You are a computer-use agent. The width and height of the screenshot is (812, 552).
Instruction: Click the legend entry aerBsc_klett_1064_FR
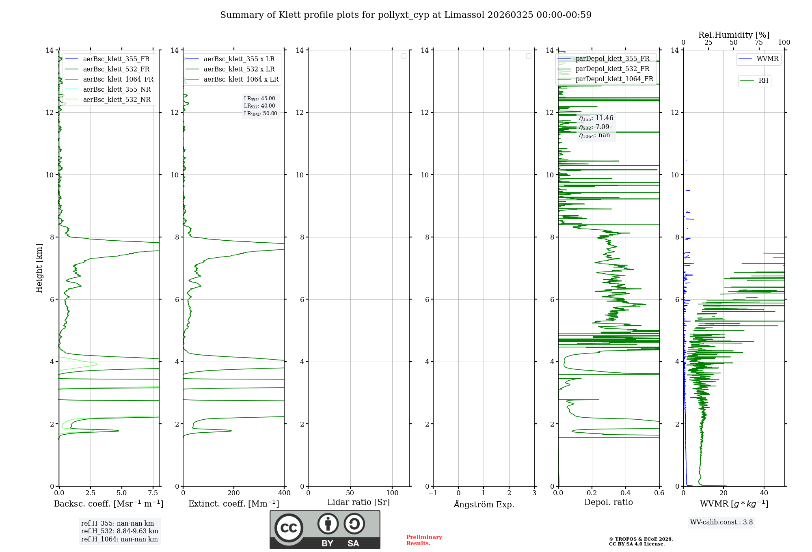[x=118, y=79]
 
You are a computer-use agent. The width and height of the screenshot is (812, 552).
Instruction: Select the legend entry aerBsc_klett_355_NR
[x=117, y=89]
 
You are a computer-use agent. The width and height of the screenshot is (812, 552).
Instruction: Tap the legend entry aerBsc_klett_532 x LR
[x=239, y=69]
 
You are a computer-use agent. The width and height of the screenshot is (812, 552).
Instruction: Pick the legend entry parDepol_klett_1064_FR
[x=614, y=79]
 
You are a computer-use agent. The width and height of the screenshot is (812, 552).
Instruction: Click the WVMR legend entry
[x=767, y=59]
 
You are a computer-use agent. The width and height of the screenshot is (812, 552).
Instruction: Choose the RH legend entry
[x=763, y=81]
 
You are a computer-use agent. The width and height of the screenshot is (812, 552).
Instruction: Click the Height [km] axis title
[x=39, y=268]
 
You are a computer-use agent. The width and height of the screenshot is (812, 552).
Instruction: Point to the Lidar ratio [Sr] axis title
[x=358, y=502]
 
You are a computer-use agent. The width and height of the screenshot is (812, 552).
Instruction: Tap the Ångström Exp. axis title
[x=484, y=504]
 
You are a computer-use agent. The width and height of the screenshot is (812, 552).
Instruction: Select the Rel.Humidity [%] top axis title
[x=734, y=35]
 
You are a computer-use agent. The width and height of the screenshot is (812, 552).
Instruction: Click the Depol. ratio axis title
[x=608, y=502]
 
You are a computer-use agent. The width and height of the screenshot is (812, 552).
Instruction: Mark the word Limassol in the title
[x=464, y=15]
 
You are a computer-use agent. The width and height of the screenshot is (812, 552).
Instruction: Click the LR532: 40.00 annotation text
[x=259, y=106]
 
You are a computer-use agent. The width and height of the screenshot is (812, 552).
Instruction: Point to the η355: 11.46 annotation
[x=596, y=118]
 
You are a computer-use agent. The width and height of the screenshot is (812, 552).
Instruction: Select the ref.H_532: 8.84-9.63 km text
[x=120, y=531]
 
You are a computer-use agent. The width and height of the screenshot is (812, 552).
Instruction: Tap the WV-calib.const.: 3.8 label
[x=721, y=522]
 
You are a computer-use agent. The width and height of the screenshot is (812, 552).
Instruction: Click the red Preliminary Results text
[x=424, y=540]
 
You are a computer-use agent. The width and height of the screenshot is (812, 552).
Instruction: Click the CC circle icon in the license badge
[x=289, y=528]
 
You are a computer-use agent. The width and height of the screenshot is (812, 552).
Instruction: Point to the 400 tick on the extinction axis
[x=284, y=493]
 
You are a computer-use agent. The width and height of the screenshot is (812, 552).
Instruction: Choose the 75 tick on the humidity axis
[x=758, y=43]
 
